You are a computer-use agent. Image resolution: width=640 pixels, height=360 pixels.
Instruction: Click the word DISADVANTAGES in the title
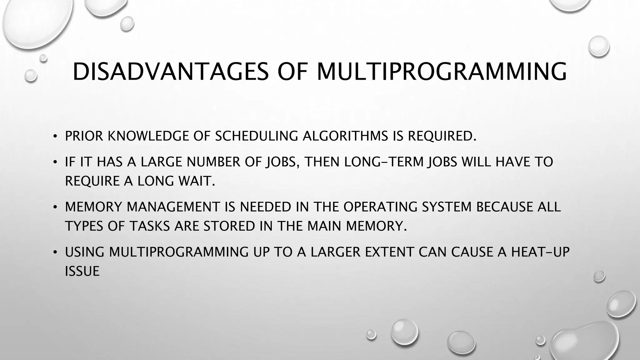pyautogui.click(x=170, y=72)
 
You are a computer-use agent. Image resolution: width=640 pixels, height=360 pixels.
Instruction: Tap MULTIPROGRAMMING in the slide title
pyautogui.click(x=442, y=72)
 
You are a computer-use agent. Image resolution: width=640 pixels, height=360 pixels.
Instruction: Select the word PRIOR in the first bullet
pyautogui.click(x=84, y=136)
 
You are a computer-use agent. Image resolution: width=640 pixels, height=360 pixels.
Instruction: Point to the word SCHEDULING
pyautogui.click(x=256, y=136)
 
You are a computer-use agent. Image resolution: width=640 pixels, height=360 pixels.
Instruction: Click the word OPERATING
pyautogui.click(x=380, y=207)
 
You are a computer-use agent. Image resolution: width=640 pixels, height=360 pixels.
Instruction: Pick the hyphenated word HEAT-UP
pyautogui.click(x=540, y=252)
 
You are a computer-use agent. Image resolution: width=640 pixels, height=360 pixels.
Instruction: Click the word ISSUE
pyautogui.click(x=82, y=271)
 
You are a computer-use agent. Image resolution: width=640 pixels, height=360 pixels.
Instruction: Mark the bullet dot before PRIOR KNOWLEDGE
pyautogui.click(x=55, y=136)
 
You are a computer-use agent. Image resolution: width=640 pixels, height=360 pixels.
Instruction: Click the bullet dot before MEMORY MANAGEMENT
pyautogui.click(x=55, y=207)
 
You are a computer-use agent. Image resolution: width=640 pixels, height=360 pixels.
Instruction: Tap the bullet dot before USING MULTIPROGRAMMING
pyautogui.click(x=55, y=252)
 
